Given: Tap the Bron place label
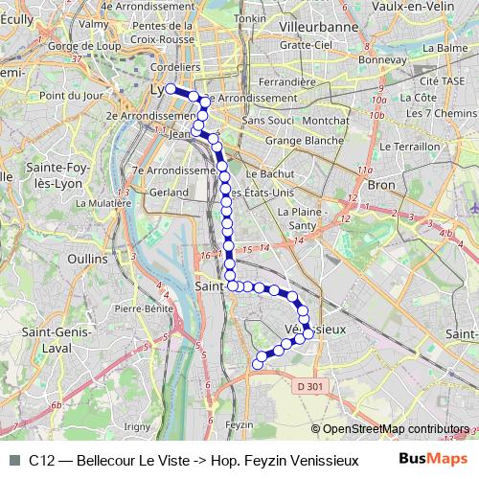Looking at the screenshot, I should click(x=382, y=183).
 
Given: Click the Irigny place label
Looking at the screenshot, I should click(x=138, y=426).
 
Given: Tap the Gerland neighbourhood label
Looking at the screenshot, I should click(x=169, y=192).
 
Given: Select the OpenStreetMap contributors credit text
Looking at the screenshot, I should click(x=396, y=429).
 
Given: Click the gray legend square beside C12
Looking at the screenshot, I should click(x=13, y=459).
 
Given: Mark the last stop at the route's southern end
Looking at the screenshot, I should click(x=257, y=363).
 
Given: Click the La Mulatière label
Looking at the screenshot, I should click(x=103, y=203).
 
